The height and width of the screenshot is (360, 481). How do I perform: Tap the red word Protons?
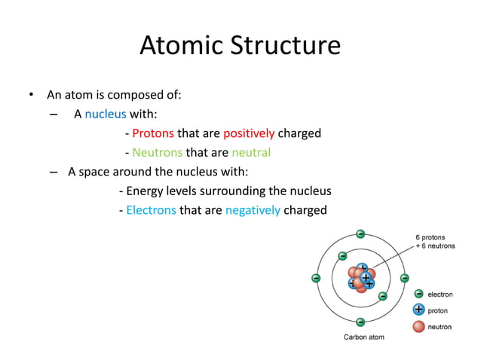point(153,133)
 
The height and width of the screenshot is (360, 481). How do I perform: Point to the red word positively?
point(249,133)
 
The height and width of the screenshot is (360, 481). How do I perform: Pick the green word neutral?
point(250,153)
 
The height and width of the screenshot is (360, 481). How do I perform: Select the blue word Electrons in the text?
point(151,210)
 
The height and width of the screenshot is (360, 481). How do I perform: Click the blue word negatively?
point(253,210)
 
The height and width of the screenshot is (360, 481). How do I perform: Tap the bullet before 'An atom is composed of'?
point(31,96)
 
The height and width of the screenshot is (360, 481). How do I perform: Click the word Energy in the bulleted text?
point(145,191)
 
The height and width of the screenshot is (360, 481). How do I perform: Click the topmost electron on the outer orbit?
point(360,233)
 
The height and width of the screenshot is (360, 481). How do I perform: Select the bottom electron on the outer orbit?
point(360,322)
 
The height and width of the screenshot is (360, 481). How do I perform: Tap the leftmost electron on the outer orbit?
point(317,278)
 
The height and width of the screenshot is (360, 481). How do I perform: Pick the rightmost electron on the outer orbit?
point(405,278)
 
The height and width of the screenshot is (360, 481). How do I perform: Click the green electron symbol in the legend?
point(418,294)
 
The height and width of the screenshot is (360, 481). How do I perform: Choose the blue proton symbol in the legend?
point(418,310)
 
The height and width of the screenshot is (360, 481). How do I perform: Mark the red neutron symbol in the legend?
point(418,326)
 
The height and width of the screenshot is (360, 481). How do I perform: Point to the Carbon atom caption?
point(363,337)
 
